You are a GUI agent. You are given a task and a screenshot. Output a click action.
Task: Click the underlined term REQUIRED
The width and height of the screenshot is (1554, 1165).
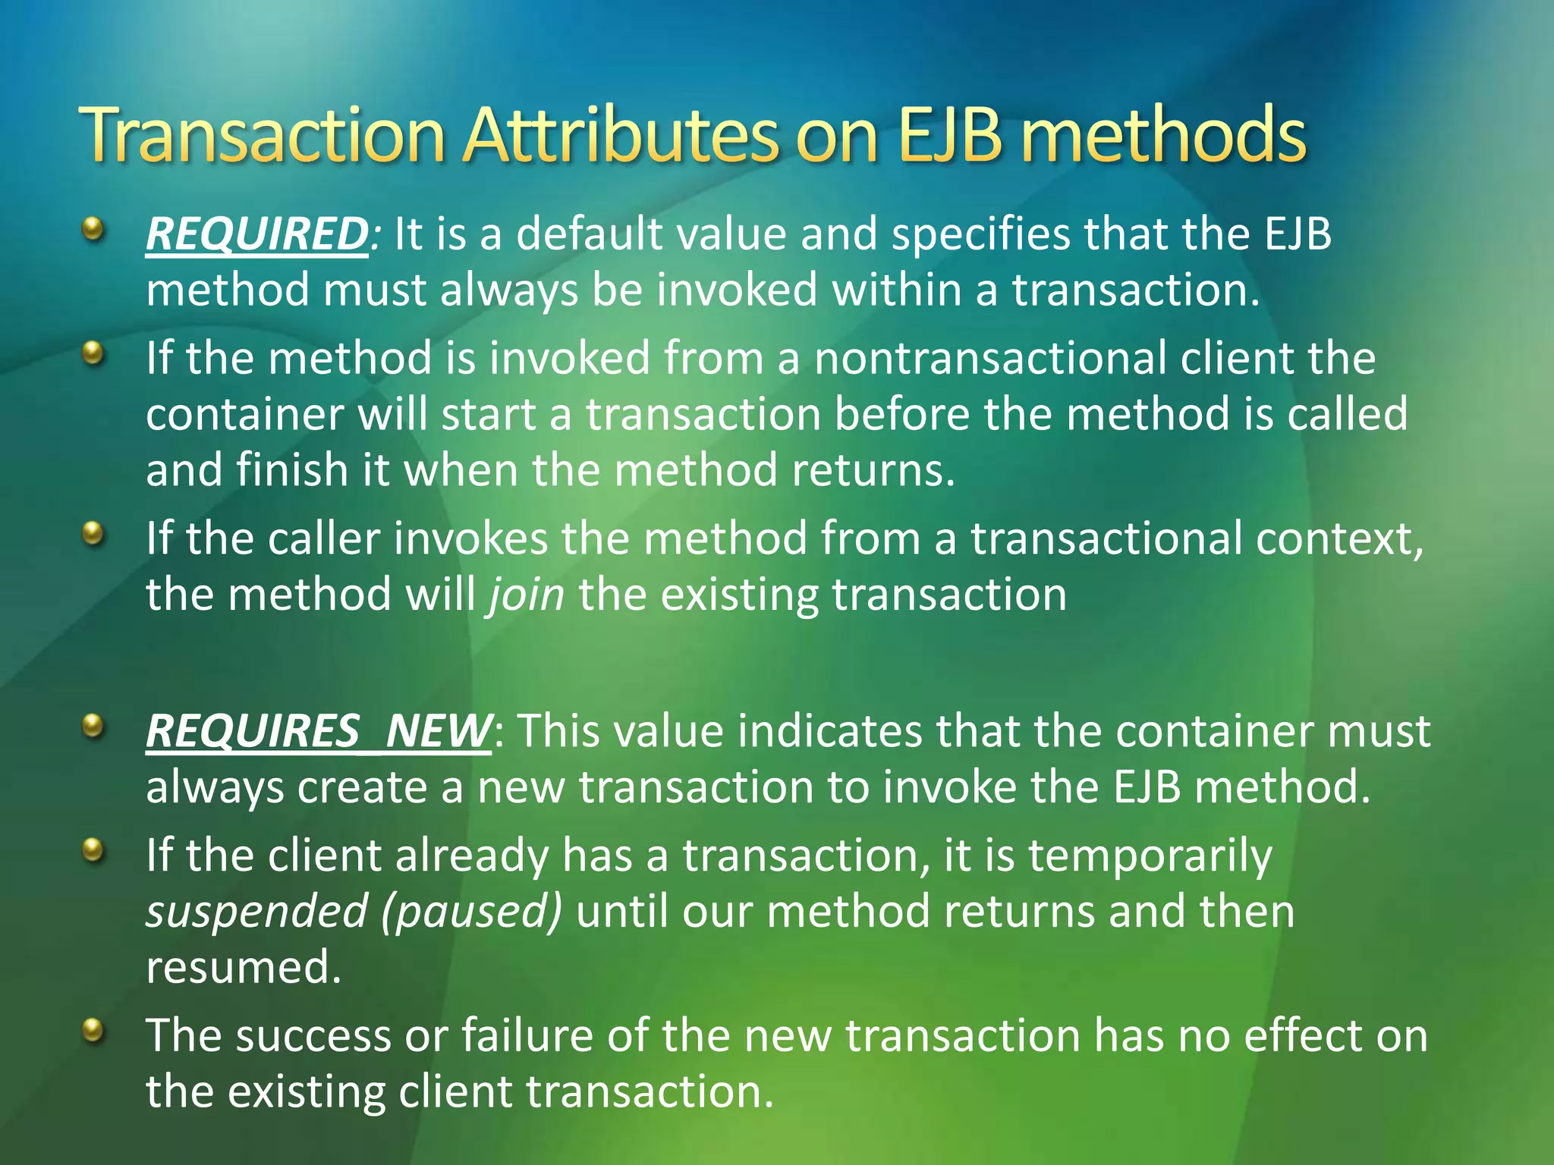coord(256,234)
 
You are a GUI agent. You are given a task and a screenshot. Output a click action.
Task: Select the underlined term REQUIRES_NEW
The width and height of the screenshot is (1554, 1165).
coord(319,731)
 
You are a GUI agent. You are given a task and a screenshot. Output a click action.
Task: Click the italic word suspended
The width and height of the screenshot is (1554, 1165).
coord(256,911)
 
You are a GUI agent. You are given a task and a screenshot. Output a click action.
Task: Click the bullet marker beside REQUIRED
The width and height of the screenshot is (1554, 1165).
coord(93,228)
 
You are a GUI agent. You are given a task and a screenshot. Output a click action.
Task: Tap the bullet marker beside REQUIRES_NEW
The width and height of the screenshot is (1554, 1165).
coord(93,727)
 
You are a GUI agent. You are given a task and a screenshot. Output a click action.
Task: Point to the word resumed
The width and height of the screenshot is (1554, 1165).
coord(243,967)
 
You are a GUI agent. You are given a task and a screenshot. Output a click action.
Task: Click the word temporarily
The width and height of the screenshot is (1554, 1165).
coord(1150,856)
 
